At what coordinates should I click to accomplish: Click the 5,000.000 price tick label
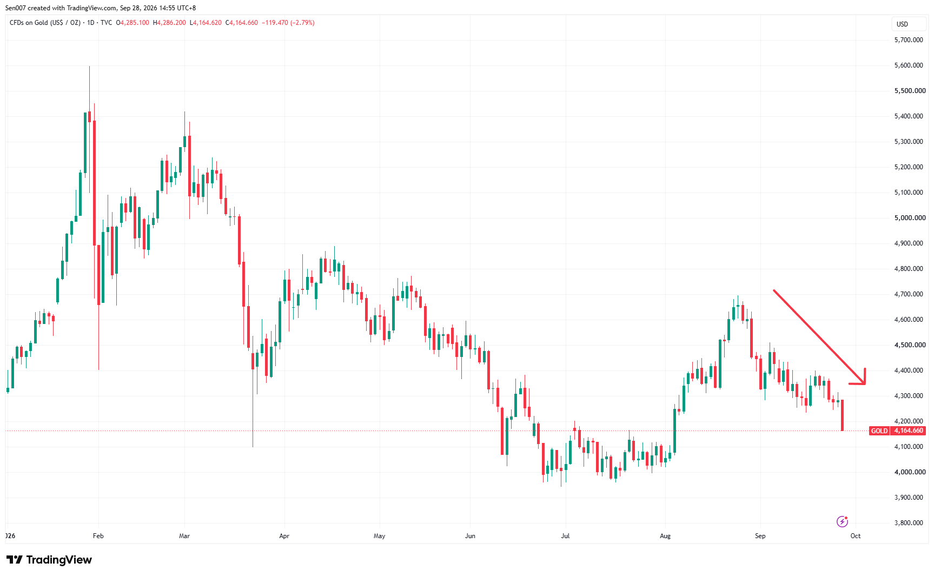click(x=910, y=218)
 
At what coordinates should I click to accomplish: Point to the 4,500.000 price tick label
click(x=910, y=345)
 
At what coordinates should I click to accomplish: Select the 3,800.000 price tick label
click(x=909, y=523)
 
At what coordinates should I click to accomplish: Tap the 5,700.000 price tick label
click(x=909, y=40)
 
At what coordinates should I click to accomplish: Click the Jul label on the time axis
click(x=565, y=536)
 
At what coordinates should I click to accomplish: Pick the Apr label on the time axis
click(x=284, y=536)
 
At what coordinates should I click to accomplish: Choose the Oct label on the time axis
click(x=856, y=536)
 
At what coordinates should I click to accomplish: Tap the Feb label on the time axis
click(x=98, y=536)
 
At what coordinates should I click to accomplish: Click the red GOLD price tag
click(x=879, y=431)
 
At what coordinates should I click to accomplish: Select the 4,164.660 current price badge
click(x=909, y=431)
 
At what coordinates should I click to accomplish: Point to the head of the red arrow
click(x=865, y=383)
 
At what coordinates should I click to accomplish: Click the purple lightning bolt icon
click(x=842, y=521)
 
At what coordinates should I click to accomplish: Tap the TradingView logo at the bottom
click(x=49, y=560)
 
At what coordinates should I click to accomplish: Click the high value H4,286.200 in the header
click(x=169, y=23)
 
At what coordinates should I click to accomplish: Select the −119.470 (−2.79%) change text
click(x=288, y=23)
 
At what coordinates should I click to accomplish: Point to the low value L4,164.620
click(x=206, y=23)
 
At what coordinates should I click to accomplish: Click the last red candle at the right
click(x=843, y=415)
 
